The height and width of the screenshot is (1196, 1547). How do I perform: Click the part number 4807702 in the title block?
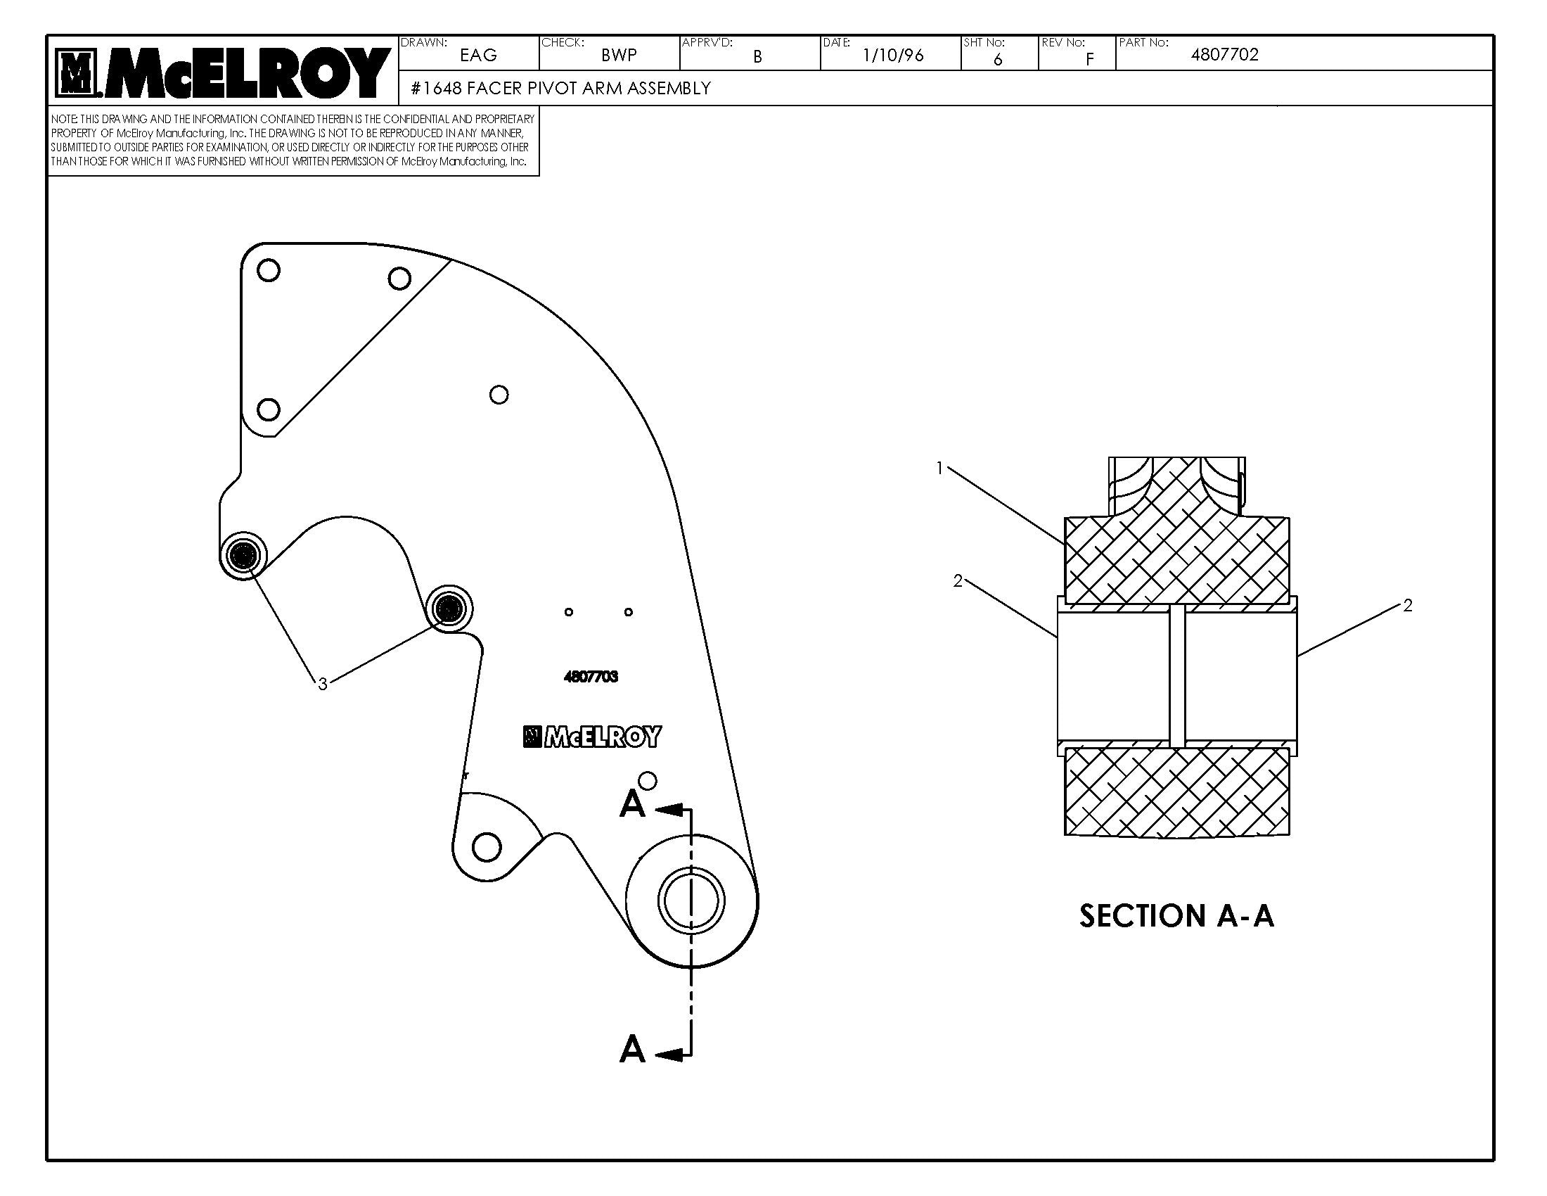(1224, 56)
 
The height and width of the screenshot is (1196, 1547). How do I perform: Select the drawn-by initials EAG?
(478, 56)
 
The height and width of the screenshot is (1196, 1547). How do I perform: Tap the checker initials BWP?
(618, 56)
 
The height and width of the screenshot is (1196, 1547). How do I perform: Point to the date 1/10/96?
(892, 56)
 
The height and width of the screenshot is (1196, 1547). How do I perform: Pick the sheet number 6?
(997, 60)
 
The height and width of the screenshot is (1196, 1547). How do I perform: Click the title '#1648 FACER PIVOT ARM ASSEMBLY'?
(560, 89)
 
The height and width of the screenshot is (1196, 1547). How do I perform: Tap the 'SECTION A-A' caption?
(1176, 916)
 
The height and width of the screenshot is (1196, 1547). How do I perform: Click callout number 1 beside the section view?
(939, 469)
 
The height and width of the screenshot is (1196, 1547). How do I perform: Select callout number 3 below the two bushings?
(323, 684)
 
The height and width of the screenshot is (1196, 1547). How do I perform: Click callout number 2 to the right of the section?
(1408, 606)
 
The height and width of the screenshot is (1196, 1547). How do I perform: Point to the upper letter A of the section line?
(632, 805)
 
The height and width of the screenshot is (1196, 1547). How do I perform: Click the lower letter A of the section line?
(632, 1050)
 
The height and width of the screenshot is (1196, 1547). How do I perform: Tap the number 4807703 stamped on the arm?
(591, 677)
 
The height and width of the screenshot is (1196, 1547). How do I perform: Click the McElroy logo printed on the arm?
(592, 737)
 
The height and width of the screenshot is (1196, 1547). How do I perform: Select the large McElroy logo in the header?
(222, 72)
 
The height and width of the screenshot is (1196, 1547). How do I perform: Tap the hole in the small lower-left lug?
(486, 846)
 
